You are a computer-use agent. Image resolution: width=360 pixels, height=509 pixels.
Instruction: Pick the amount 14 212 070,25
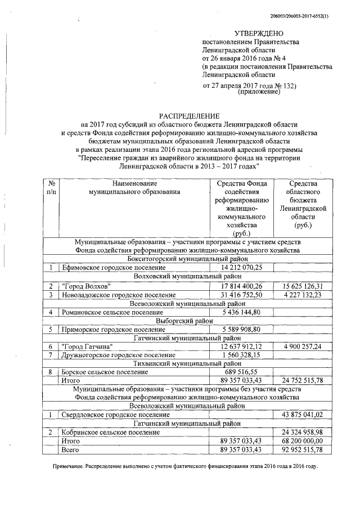pyautogui.click(x=242, y=268)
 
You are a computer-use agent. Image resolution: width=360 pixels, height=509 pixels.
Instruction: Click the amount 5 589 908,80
pyautogui.click(x=242, y=331)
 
